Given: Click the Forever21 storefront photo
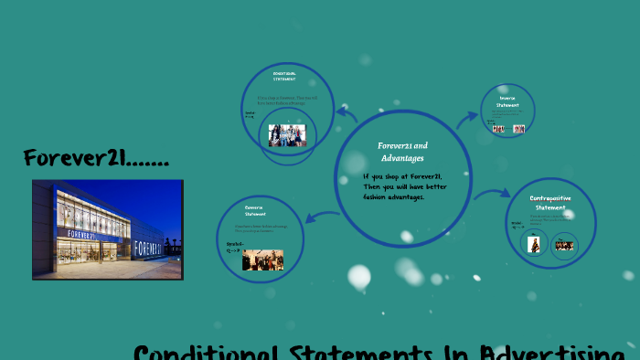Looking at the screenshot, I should pos(108,229).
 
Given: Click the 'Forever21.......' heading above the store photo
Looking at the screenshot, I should pos(97,158).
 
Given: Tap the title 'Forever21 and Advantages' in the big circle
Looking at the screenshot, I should pos(403,152).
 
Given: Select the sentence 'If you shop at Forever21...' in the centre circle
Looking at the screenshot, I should pos(402,186).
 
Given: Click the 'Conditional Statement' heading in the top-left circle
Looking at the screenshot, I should pos(284,75).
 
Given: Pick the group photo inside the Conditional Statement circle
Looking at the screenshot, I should pos(286,135).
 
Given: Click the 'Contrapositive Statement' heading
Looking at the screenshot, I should pos(549,203).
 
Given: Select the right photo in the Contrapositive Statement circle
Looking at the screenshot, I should pos(564,245).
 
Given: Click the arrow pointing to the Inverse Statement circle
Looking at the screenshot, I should pos(467,118).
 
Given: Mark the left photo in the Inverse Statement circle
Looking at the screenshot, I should pos(498,129).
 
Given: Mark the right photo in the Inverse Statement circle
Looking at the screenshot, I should pos(518,129).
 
